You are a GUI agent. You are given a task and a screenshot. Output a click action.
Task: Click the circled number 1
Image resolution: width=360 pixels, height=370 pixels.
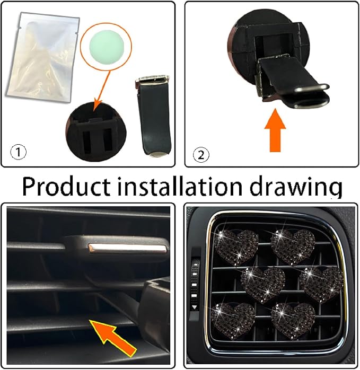coord(19,152)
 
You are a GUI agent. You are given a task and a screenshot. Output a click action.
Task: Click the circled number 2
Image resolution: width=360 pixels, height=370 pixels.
coord(201,155)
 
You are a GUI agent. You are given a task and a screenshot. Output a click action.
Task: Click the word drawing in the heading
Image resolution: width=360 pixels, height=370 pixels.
coord(296,188)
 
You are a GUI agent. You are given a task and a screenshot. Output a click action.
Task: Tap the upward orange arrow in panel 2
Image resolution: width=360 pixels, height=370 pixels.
coord(275,130)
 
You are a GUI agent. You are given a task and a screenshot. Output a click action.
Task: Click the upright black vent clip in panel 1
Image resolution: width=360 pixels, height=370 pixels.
coord(153,116)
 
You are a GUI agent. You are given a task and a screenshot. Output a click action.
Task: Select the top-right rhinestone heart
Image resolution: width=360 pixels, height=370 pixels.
coord(293,246)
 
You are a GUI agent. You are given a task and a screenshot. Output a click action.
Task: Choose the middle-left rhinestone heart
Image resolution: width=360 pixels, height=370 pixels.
coord(263,285)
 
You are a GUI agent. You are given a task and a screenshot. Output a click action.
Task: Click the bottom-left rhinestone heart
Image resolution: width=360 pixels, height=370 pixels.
coord(233,321)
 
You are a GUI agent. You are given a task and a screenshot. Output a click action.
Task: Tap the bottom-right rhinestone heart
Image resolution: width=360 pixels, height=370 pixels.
coord(293,321)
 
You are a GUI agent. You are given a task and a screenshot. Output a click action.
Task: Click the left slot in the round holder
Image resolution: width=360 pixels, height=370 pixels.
coord(86,142)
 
